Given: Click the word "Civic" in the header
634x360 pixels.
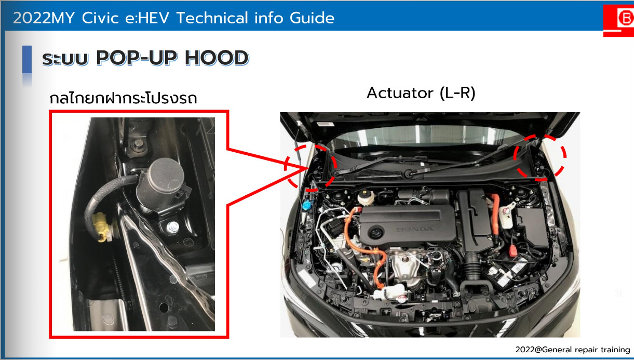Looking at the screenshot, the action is (x=100, y=18).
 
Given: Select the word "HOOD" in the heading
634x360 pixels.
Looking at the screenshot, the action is (x=217, y=58).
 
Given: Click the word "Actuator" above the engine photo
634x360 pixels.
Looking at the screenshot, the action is (x=400, y=93).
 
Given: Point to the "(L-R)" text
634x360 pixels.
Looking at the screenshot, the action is (x=457, y=93).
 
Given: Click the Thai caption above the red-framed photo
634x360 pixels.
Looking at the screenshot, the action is (x=123, y=98).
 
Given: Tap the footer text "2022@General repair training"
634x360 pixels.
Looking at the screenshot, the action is (x=573, y=350).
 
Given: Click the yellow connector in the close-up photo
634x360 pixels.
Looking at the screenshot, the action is (x=102, y=227).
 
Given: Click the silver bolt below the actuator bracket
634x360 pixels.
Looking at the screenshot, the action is (x=172, y=227).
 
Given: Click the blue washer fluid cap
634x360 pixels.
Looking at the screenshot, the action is (x=306, y=205).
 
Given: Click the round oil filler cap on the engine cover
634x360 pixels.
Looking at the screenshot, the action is (x=376, y=233).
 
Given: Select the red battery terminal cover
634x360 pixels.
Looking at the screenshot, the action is (x=513, y=250).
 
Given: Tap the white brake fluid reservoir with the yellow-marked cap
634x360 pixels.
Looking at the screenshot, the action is (x=366, y=197).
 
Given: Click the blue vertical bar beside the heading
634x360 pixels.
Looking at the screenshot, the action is (x=27, y=60).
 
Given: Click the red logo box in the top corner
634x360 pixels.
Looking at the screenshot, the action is (x=619, y=20).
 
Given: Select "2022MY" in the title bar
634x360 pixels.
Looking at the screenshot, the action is (x=44, y=18).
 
